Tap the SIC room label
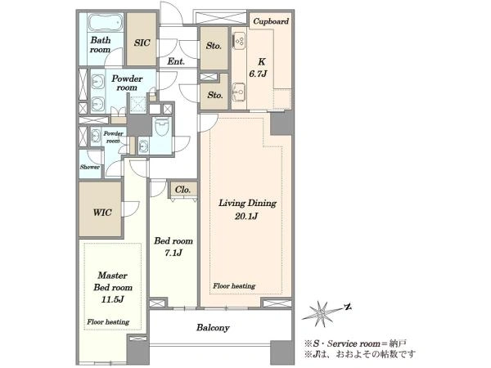pos(142,43)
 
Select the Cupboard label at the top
pos(271,21)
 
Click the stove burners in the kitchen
pos(240,41)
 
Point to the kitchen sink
pos(239,91)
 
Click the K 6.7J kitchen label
pos(259,68)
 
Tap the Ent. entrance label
pos(176,61)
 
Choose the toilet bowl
pos(162,128)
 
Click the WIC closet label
pos(102,213)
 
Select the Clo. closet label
pos(182,190)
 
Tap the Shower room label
pos(90,167)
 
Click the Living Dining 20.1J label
pos(247,209)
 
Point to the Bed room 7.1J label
pos(173,247)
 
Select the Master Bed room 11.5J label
pos(113,287)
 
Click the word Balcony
pos(213,328)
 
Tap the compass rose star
pos(322,313)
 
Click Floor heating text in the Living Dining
pos(234,285)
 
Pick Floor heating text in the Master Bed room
pos(108,321)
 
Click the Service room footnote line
pos(356,343)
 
